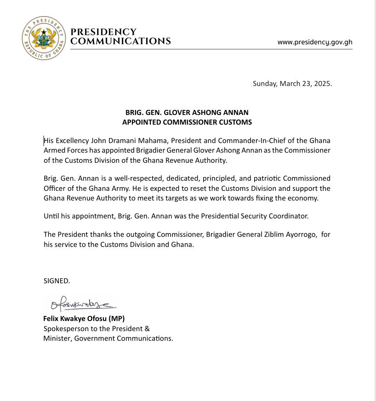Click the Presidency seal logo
tap(44, 38)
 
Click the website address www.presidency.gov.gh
tap(315, 42)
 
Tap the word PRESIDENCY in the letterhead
tap(103, 32)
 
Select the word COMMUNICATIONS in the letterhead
tap(120, 41)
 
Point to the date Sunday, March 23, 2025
tap(292, 84)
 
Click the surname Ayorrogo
tap(296, 235)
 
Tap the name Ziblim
tap(263, 235)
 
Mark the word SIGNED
tap(57, 281)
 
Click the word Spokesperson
tap(66, 328)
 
